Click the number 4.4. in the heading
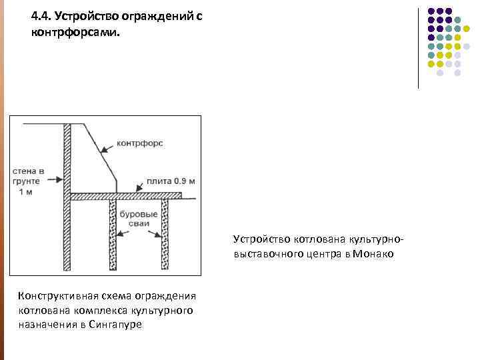point(41,16)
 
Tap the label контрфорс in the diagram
point(139,143)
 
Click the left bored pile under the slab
point(113,233)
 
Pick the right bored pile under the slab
point(165,233)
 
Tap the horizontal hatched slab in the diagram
point(127,196)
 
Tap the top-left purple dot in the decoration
point(432,11)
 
